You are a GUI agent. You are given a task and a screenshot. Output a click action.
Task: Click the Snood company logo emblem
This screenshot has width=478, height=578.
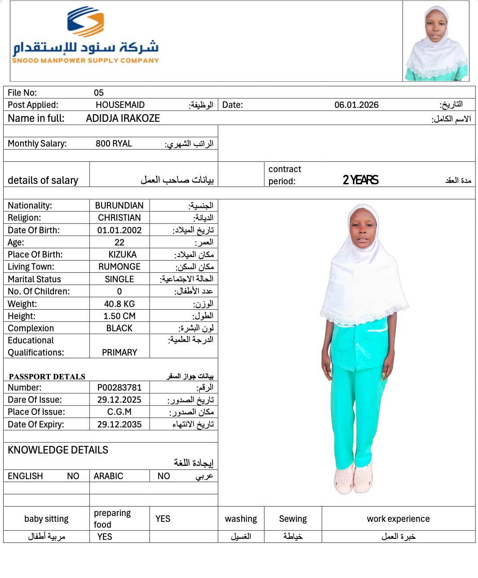click(85, 22)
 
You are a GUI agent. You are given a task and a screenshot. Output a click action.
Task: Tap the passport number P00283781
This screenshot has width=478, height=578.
click(119, 387)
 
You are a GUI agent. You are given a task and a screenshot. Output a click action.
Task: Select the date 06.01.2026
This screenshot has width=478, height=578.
click(356, 105)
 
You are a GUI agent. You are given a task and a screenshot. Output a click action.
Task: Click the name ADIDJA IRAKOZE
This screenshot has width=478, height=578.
click(123, 119)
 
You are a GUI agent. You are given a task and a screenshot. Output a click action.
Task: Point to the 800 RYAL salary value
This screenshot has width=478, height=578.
click(114, 144)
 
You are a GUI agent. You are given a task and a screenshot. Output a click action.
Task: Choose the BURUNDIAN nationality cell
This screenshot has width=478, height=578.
click(119, 205)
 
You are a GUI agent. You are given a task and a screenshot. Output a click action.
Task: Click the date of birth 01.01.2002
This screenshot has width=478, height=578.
click(119, 230)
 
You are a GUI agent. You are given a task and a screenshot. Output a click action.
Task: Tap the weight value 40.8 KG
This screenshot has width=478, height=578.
click(119, 304)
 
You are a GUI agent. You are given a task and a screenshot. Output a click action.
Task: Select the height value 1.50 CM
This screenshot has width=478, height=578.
click(119, 316)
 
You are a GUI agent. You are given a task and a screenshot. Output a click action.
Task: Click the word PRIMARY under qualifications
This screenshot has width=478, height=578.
click(119, 352)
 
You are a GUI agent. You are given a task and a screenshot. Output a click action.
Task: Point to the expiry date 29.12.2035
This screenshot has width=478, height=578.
click(119, 424)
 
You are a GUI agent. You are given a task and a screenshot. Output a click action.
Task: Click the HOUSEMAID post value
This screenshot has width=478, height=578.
click(120, 105)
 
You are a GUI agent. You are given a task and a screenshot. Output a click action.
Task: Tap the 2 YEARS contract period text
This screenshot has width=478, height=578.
click(360, 180)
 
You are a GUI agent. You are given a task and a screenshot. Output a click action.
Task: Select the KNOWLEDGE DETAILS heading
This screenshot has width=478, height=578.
click(58, 450)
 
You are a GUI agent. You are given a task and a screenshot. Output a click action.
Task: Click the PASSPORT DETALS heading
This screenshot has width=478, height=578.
click(47, 377)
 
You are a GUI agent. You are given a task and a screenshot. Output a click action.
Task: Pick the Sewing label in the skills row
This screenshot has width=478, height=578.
click(293, 519)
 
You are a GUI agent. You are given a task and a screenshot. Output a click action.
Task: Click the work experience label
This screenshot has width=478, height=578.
click(398, 519)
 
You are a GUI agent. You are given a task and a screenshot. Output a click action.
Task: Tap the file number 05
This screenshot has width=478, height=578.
click(99, 93)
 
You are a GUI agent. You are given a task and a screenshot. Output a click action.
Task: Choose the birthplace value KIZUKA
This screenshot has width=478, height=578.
click(122, 254)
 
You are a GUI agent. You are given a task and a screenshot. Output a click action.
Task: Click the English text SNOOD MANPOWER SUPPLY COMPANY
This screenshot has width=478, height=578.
click(85, 61)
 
